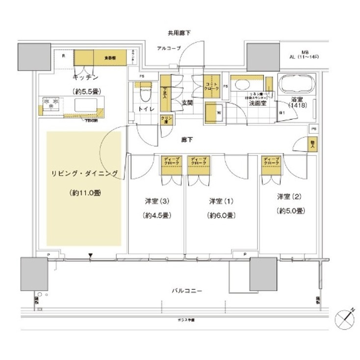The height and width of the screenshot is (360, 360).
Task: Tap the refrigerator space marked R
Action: pyautogui.click(x=63, y=56)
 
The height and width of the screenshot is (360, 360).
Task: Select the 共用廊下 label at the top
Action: pyautogui.click(x=179, y=33)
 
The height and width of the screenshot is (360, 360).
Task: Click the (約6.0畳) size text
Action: pyautogui.click(x=221, y=215)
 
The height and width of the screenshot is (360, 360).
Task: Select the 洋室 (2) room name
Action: pyautogui.click(x=288, y=197)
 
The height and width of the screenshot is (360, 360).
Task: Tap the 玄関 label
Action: pyautogui.click(x=187, y=103)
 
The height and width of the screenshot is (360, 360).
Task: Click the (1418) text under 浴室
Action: pyautogui.click(x=297, y=105)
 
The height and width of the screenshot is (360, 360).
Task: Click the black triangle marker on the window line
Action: pyautogui.click(x=90, y=255)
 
